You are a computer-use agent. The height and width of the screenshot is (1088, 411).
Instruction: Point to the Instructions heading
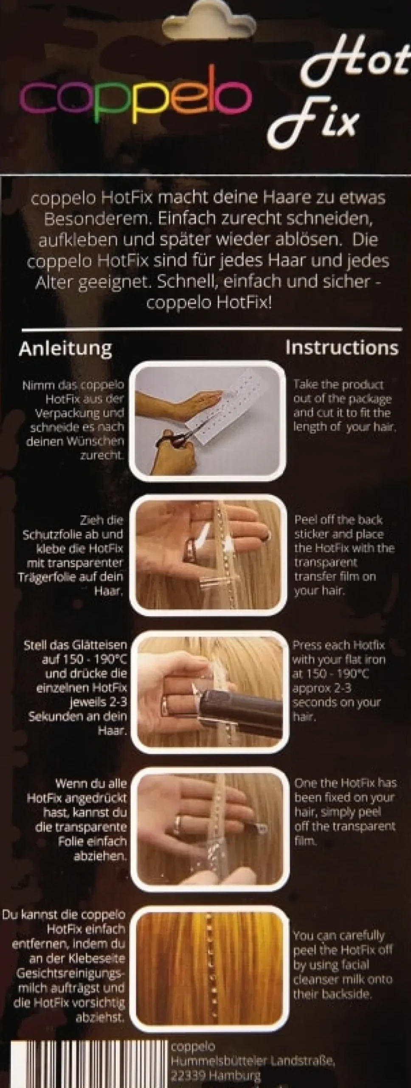[342, 347]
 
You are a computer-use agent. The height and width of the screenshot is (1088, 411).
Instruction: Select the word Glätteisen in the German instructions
[99, 645]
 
